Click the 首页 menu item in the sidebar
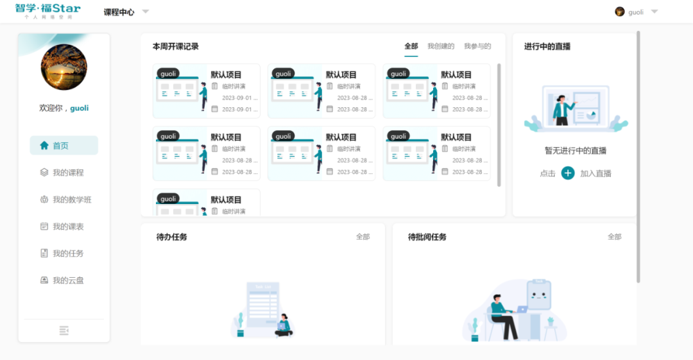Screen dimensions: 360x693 coord(64,146)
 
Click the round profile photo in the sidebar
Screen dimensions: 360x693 coord(64,67)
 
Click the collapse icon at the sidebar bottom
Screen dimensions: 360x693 coord(64,330)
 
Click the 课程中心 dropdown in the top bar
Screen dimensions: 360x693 coord(126,12)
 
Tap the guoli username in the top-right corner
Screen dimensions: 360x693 coord(635,12)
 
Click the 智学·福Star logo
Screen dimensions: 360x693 coord(48,11)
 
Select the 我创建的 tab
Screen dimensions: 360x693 coord(441,46)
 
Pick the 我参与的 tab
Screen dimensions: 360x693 coord(477,46)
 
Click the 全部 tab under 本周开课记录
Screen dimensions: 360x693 coord(411,46)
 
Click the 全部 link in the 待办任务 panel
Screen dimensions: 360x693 coord(363,237)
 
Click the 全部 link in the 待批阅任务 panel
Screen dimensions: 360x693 coord(614,237)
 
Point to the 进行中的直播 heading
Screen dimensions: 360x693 coord(547,46)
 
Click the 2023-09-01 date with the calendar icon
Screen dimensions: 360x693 coord(239,110)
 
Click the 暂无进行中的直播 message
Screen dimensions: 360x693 coord(575,151)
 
